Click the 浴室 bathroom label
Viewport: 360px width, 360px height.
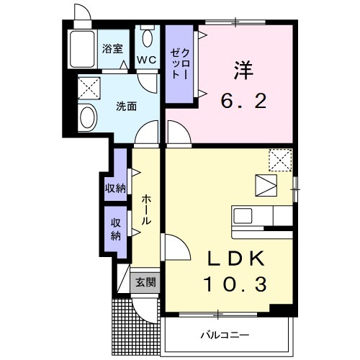coord(112,49)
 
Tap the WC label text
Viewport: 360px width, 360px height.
coord(148,59)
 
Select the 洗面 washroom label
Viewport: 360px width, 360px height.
coord(127,107)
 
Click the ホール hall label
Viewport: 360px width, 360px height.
coord(146,208)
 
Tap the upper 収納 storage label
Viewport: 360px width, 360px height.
coord(115,189)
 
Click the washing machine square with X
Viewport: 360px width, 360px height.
coord(89,89)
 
